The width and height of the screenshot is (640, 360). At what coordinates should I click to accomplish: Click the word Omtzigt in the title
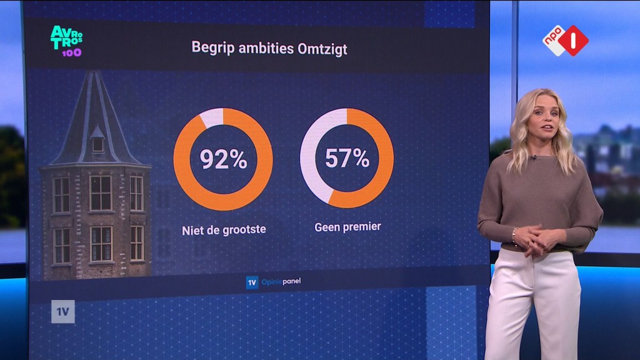[x=322, y=49]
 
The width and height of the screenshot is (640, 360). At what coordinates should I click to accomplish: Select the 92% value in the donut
[x=223, y=159]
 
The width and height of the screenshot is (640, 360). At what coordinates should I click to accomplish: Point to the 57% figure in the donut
[x=347, y=158]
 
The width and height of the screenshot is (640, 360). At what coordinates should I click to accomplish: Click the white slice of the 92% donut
[x=212, y=117]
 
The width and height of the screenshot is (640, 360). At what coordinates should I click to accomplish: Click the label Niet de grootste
[x=224, y=230]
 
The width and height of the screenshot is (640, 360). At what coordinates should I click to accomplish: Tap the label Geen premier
[x=347, y=227]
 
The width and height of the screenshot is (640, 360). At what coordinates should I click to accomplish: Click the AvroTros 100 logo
[x=66, y=41]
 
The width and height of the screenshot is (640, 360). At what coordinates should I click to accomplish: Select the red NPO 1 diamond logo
[x=574, y=41]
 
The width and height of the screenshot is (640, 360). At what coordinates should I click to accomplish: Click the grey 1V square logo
[x=63, y=312]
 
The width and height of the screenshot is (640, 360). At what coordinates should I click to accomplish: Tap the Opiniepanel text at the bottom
[x=281, y=282]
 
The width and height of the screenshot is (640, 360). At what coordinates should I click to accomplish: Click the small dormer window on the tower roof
[x=97, y=139]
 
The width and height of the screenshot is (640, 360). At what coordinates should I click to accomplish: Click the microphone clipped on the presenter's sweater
[x=534, y=157]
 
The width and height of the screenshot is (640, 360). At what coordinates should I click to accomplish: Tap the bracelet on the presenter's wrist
[x=514, y=236]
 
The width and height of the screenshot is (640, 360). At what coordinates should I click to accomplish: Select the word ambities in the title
[x=266, y=48]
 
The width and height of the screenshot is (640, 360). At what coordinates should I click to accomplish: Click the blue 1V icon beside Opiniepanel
[x=252, y=282]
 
